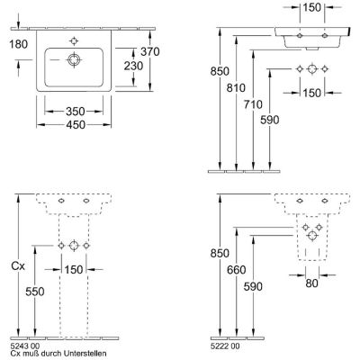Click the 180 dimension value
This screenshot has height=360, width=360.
click(19, 44)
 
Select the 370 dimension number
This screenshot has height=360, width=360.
click(150, 52)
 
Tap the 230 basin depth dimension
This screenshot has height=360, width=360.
click(133, 66)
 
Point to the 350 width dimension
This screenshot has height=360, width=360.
click(76, 112)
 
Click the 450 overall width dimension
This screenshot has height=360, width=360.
click(76, 124)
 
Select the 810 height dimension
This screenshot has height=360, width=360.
click(236, 88)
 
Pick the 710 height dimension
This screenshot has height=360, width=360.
click(253, 104)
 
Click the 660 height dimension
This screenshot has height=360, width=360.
click(237, 270)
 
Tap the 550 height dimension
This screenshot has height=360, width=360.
click(35, 292)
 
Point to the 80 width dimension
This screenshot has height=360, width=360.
click(311, 283)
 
